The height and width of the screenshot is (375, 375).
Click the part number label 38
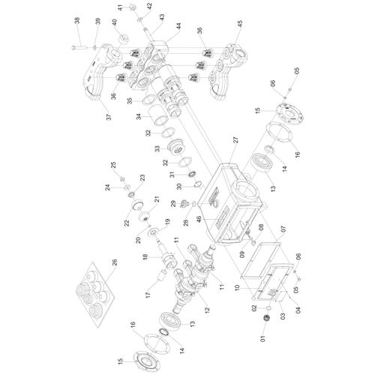click(x=76, y=21)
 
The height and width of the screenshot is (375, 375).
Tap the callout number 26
click(x=114, y=262)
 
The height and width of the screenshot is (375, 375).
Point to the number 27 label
click(x=235, y=140)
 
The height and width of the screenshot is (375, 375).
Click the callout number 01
click(x=262, y=339)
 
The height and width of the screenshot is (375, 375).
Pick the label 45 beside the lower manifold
click(x=239, y=24)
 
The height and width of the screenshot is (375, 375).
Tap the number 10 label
click(x=237, y=287)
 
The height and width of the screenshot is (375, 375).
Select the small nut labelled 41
click(x=133, y=6)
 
